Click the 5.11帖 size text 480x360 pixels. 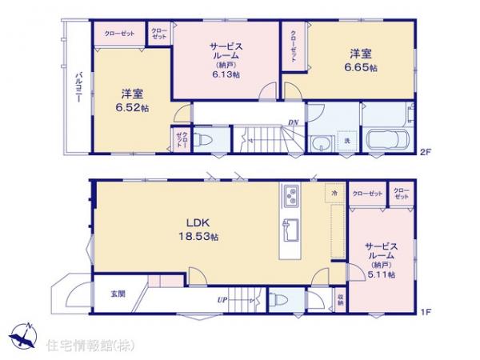coord(379,274)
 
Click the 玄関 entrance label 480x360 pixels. coord(118,294)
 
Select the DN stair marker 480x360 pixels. coord(294,122)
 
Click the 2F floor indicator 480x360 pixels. coord(426,153)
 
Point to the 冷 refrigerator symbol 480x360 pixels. coord(331,194)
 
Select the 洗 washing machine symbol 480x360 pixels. coord(347,141)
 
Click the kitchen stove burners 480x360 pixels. coord(290,194)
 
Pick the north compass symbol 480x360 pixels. coord(24,336)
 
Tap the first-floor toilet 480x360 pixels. coord(276,302)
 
